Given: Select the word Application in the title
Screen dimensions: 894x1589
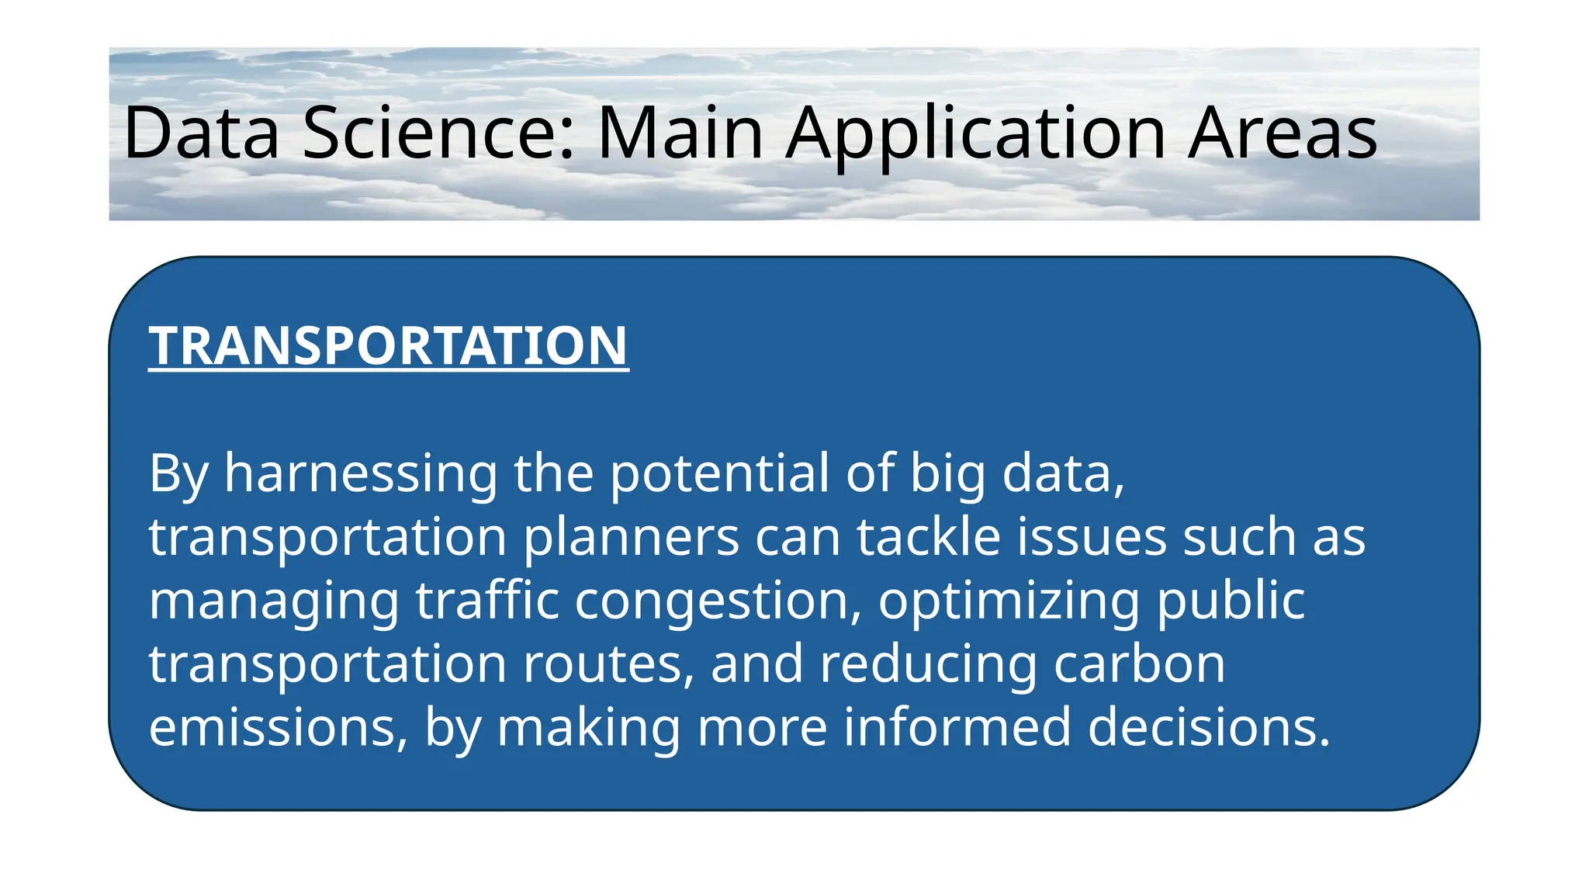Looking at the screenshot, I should pos(975,133).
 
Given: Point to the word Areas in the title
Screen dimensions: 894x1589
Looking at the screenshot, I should pos(1283,133).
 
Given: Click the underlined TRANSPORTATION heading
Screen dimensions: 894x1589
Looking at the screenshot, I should pos(388,345).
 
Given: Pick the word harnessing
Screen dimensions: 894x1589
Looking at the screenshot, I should pos(361,473).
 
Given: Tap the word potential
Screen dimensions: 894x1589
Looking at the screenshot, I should pos(719,473).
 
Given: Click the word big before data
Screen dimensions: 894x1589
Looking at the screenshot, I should pos(947,473).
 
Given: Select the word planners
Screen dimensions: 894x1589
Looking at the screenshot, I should pos(632,537).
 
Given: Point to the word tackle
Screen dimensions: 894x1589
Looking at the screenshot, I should pos(929,537).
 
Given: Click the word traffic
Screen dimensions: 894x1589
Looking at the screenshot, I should pos(487,601).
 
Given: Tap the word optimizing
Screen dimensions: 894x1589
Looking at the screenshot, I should pos(1009,601).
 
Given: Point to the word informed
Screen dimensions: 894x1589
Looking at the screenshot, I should pos(957,728).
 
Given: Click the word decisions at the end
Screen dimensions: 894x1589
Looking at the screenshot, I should pos(1208,728).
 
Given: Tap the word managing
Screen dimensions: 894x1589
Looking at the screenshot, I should pos(274,601).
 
